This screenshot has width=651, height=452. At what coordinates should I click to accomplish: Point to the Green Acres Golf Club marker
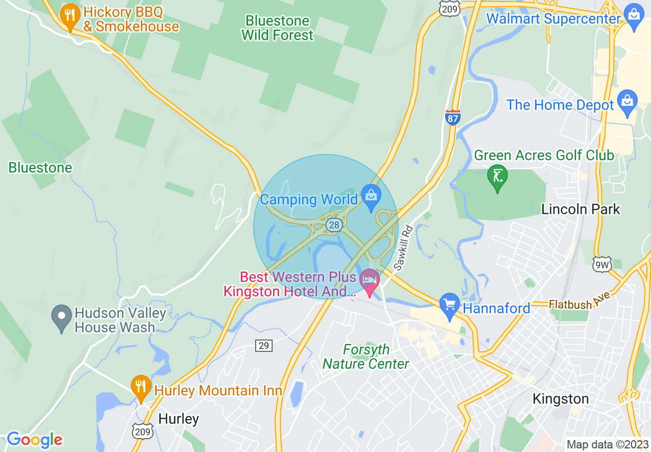tap(497, 177)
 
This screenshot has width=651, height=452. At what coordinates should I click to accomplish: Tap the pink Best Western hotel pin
tap(370, 280)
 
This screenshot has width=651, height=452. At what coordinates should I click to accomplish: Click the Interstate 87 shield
tap(452, 117)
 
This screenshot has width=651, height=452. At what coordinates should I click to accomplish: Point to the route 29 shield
tap(263, 345)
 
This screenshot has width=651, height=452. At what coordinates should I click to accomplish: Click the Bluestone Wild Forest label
tap(277, 28)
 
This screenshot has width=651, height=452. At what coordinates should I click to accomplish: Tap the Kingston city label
tap(560, 399)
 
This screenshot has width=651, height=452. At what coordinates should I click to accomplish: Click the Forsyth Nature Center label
tap(366, 357)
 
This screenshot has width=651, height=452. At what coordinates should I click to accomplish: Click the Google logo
tap(34, 440)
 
